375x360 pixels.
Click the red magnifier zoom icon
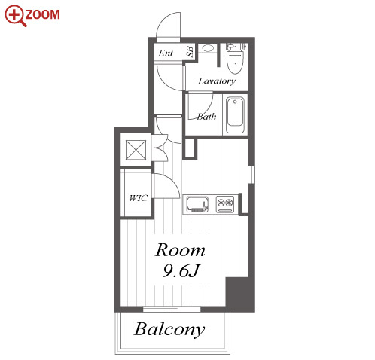(x=15, y=16)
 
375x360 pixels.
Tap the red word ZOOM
(x=43, y=14)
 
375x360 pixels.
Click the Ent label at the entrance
(x=166, y=53)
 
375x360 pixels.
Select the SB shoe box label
(x=190, y=51)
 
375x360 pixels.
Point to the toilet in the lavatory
(x=235, y=59)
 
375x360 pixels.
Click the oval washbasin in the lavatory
(x=208, y=48)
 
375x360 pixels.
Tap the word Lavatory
(x=217, y=81)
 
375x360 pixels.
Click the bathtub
(x=235, y=115)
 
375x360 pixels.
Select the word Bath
(x=206, y=117)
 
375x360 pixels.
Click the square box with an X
(x=136, y=150)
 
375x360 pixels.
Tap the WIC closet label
(x=138, y=198)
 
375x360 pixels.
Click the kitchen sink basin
(x=197, y=204)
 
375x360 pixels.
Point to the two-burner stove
(x=225, y=204)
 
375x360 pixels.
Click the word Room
(x=180, y=250)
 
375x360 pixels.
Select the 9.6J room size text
(x=181, y=271)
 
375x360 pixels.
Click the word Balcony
(x=169, y=329)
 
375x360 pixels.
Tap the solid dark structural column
(x=239, y=294)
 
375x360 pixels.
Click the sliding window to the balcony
(x=172, y=309)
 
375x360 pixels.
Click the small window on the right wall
(x=251, y=175)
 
